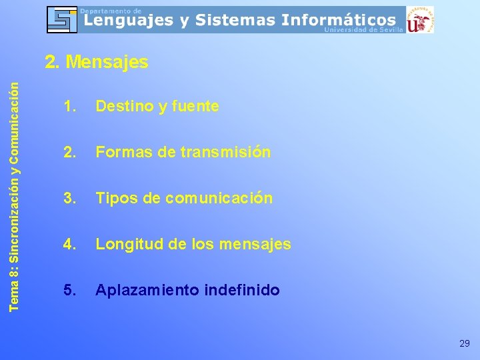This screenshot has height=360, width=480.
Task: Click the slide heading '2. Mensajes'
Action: pos(96,63)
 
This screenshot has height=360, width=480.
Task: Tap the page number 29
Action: pos(465,343)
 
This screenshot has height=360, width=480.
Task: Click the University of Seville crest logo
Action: pos(420,20)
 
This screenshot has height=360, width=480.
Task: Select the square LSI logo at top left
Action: pos(62,19)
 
